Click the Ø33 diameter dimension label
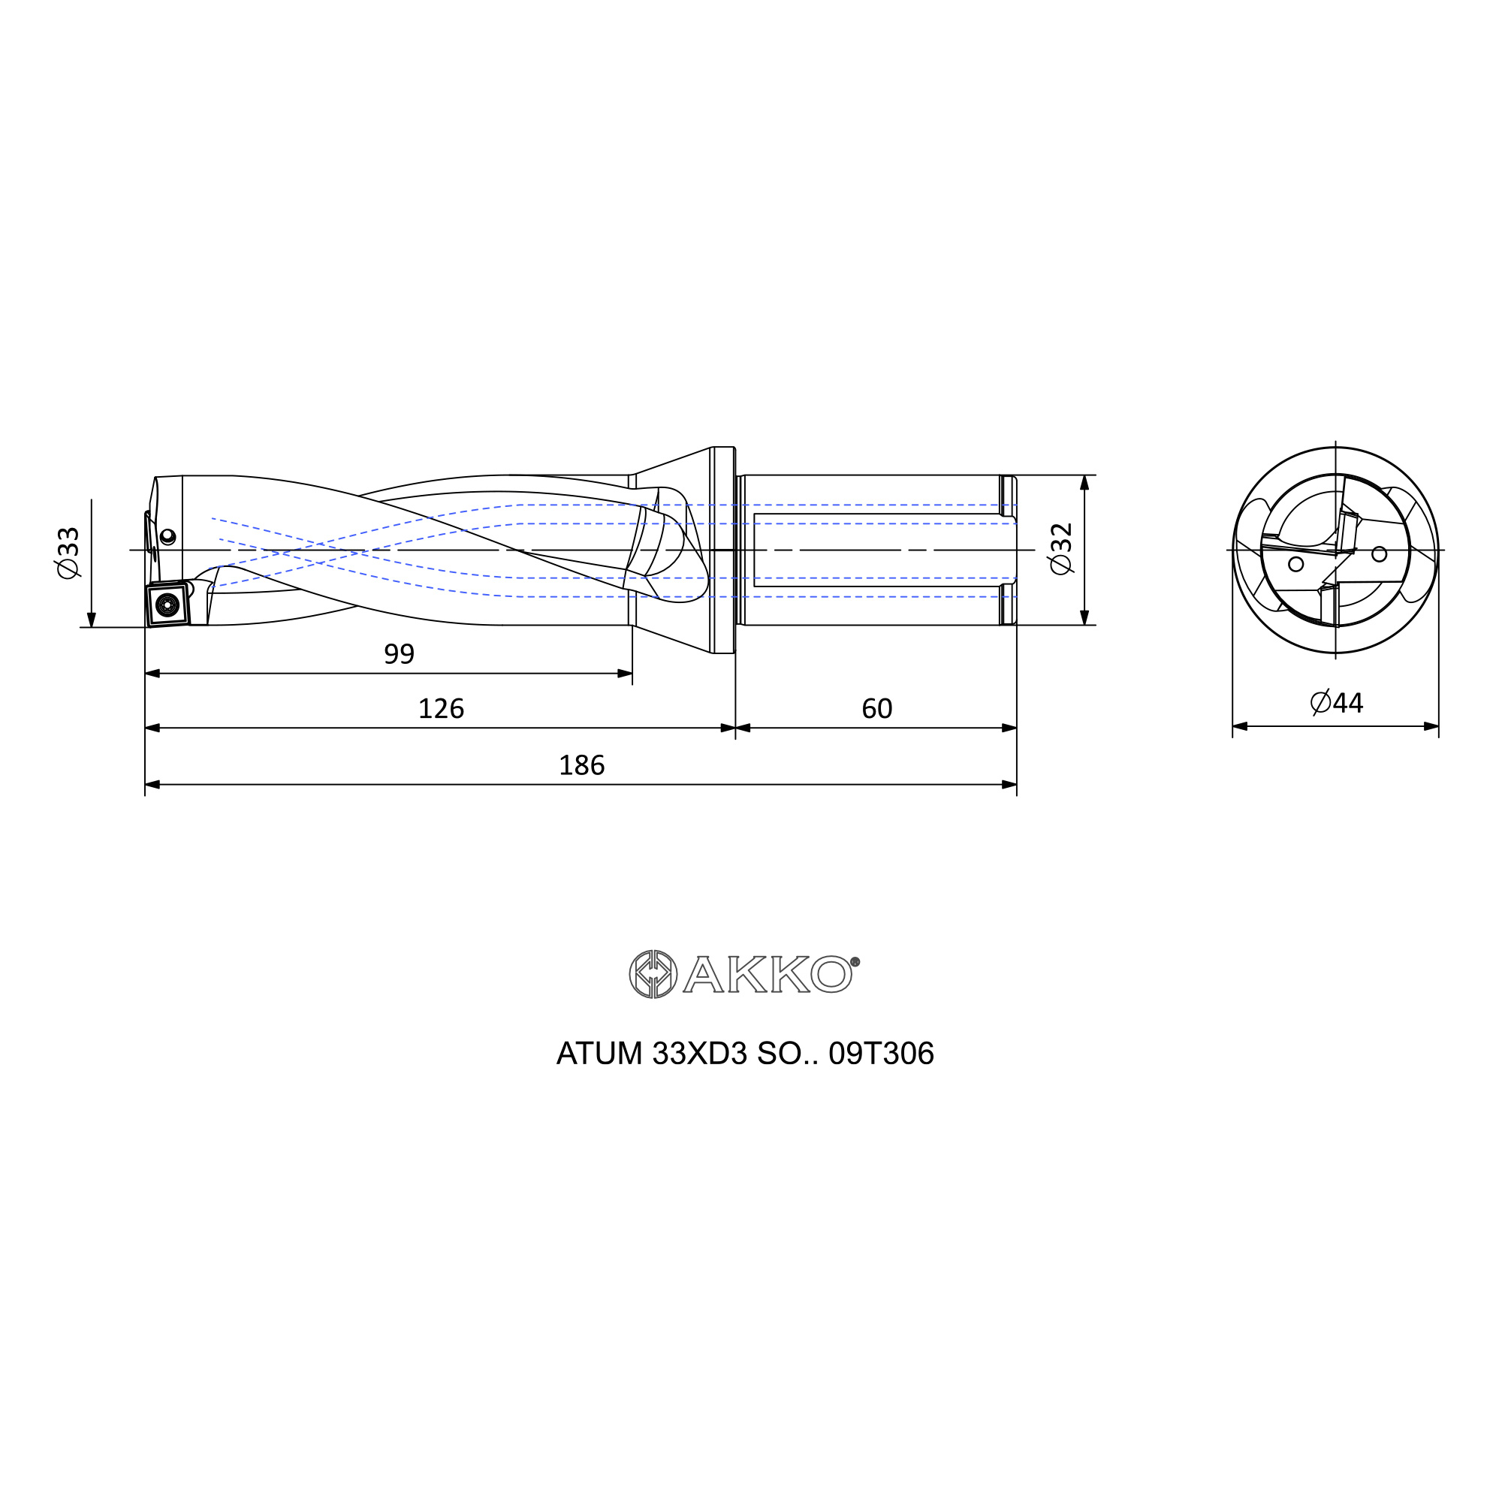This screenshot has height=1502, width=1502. click(x=68, y=553)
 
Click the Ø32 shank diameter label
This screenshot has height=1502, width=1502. click(x=1061, y=549)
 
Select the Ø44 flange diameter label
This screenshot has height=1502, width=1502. click(x=1337, y=703)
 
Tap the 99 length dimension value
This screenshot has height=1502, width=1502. click(x=399, y=654)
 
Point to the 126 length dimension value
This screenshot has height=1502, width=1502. click(x=441, y=708)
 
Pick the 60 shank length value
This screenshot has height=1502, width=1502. click(x=877, y=708)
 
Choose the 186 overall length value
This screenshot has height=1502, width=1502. click(x=581, y=765)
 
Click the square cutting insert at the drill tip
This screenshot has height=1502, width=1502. click(x=168, y=603)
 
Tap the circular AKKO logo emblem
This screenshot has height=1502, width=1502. click(x=653, y=974)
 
